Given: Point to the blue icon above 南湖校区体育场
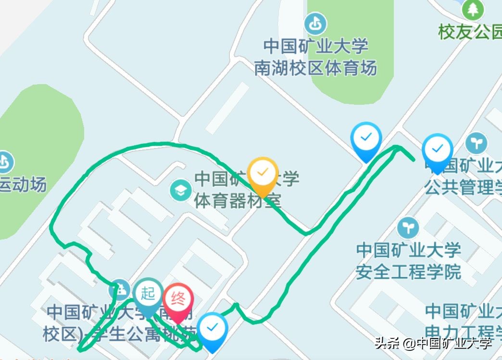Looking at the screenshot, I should pyautogui.click(x=315, y=24).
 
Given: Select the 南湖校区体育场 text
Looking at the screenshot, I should pyautogui.click(x=315, y=68).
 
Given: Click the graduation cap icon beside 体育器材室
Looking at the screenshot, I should pyautogui.click(x=181, y=191).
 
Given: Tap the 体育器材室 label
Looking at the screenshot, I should pyautogui.click(x=237, y=200).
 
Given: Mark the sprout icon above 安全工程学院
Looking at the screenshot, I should pyautogui.click(x=408, y=228).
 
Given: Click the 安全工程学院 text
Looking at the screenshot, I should pyautogui.click(x=408, y=272).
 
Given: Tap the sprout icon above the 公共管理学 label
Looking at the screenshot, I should pyautogui.click(x=476, y=143).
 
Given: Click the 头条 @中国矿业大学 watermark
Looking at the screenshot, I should pyautogui.click(x=433, y=343).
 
